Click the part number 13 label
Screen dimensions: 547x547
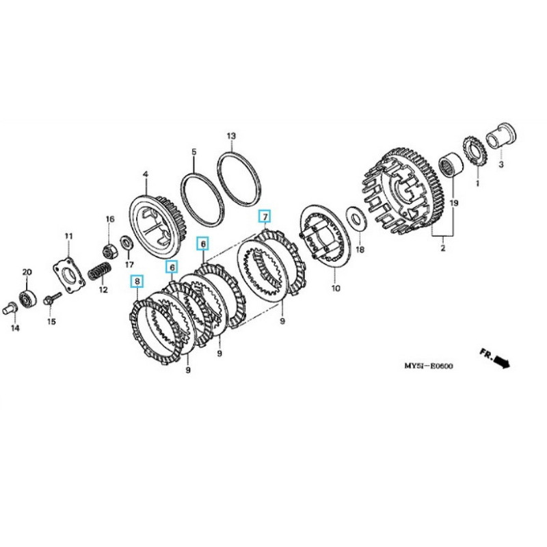[231, 136]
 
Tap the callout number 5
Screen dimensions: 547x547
[194, 151]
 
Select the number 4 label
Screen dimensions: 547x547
[145, 176]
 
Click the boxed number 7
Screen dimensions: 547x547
[265, 217]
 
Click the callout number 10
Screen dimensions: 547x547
[335, 289]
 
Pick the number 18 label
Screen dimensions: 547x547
[360, 250]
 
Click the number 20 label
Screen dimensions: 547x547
[27, 272]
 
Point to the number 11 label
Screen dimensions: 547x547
[68, 237]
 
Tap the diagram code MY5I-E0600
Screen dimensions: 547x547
[428, 366]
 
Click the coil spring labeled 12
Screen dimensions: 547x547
[100, 268]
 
